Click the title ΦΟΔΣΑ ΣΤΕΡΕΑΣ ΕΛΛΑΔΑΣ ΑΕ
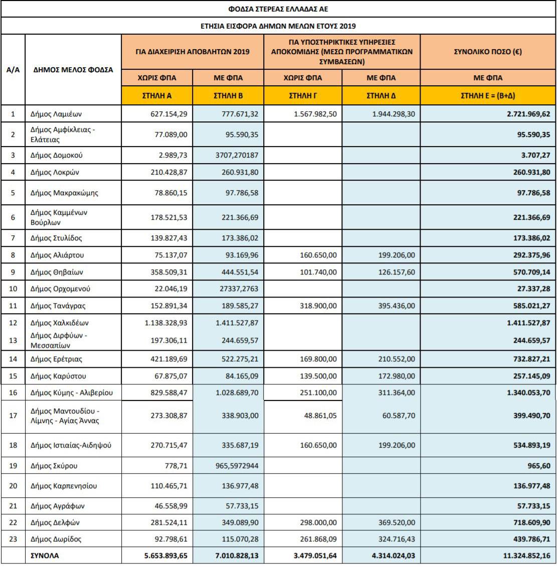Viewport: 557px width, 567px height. (278, 9)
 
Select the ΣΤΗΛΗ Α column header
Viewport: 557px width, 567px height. (157, 95)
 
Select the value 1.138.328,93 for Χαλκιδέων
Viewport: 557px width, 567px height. (165, 323)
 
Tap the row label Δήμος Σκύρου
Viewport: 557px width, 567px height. (54, 466)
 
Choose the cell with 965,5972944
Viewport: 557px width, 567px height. (235, 466)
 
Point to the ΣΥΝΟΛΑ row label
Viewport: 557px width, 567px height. (45, 556)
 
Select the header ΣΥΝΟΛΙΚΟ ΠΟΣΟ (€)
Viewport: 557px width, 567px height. (488, 52)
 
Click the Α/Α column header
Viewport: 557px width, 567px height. (13, 70)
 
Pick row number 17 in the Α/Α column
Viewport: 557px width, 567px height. (13, 416)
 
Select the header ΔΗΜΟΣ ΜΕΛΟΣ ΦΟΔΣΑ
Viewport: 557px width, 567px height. (73, 70)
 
